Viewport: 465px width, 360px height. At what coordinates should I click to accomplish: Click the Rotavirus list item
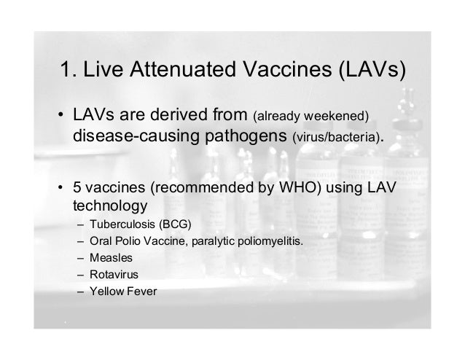click(x=112, y=275)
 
